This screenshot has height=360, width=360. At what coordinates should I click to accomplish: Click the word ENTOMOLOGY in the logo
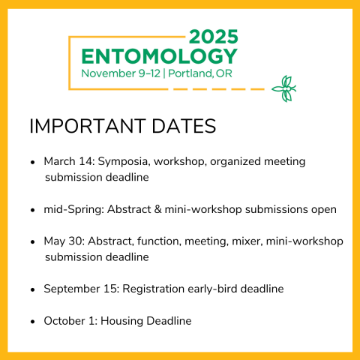pyautogui.click(x=159, y=56)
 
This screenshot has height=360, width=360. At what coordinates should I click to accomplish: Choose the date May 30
pyautogui.click(x=62, y=241)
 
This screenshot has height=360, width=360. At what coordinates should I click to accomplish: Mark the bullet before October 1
pyautogui.click(x=32, y=322)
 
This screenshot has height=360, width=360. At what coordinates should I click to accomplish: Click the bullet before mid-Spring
pyautogui.click(x=32, y=210)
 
